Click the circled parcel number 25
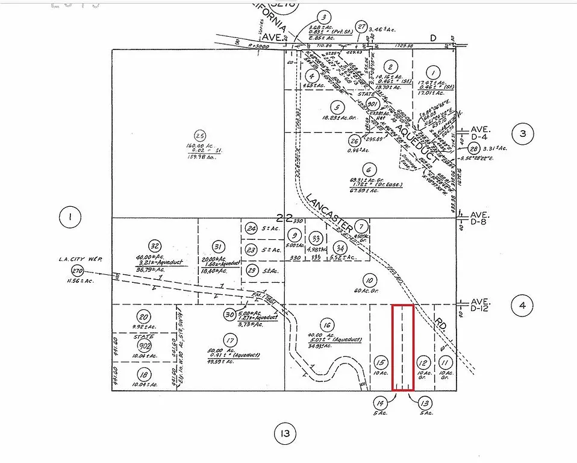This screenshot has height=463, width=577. tap(200, 134)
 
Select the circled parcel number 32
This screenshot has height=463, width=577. tap(155, 245)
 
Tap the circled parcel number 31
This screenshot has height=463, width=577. tap(219, 247)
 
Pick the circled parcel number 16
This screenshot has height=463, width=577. tap(327, 324)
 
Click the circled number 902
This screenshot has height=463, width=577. tap(144, 345)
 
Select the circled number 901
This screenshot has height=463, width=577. tap(372, 103)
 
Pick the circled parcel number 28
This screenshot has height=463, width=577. tap(475, 149)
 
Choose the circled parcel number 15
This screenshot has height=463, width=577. tap(380, 362)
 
